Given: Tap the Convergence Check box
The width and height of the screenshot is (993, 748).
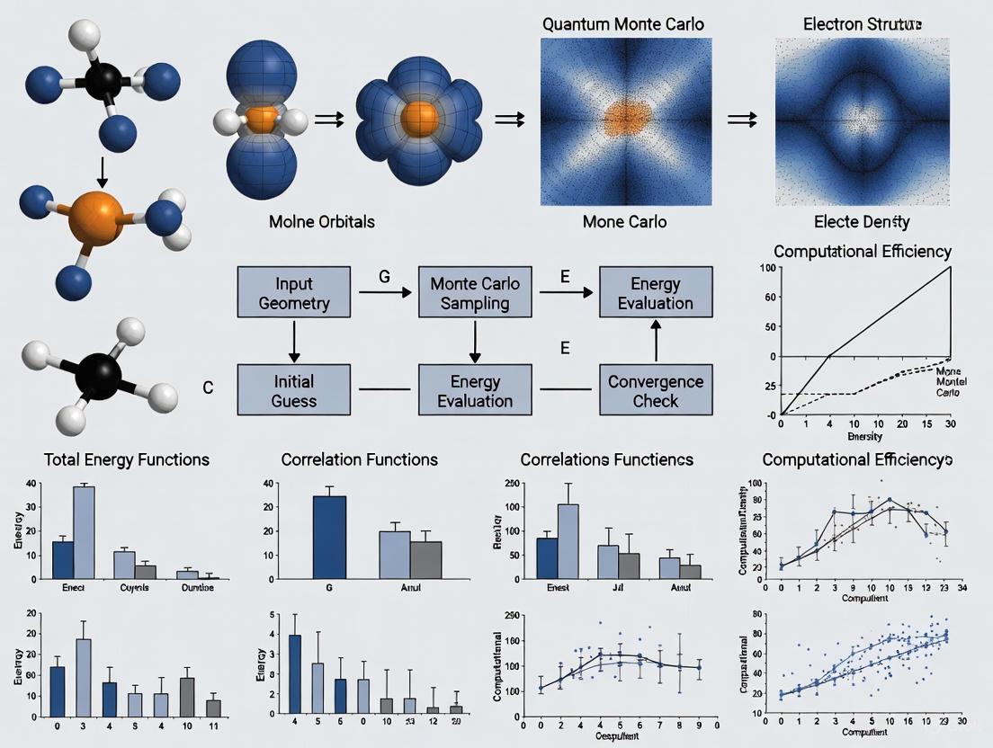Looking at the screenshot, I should [655, 389].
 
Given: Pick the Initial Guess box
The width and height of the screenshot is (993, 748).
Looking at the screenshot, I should [292, 389].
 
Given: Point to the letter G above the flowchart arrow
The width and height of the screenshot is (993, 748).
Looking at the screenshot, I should [384, 277].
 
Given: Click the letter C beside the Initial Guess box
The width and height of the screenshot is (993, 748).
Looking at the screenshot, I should [208, 388].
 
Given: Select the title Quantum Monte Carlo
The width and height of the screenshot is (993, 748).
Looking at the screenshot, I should [623, 23].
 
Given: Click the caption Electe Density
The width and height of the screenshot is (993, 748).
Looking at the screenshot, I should [862, 221].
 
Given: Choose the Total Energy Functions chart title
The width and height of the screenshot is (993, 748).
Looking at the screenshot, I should [127, 459].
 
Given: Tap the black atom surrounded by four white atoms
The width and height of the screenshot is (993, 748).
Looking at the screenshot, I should [97, 372].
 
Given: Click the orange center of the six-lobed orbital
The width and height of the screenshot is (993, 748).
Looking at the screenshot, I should [417, 118].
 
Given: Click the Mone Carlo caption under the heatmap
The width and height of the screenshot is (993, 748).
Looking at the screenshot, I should [624, 221].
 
